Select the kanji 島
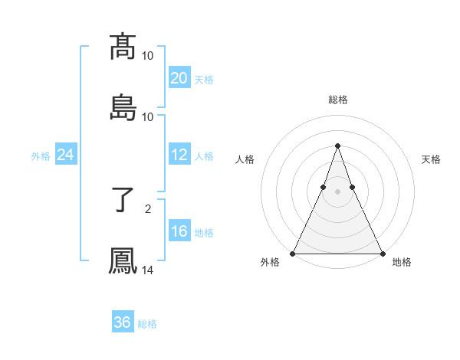[123, 108]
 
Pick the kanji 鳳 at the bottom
[123, 261]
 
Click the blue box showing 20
[179, 78]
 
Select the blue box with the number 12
[179, 155]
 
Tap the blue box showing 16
[179, 231]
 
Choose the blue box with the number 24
[66, 155]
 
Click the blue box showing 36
[123, 322]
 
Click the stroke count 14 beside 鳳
[148, 270]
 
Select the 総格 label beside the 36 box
[147, 324]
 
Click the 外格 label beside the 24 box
[41, 156]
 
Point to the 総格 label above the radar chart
[337, 100]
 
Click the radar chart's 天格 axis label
[431, 159]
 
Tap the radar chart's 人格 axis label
[245, 159]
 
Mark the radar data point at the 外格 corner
[293, 254]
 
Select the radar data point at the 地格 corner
[382, 254]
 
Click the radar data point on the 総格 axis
[337, 146]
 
